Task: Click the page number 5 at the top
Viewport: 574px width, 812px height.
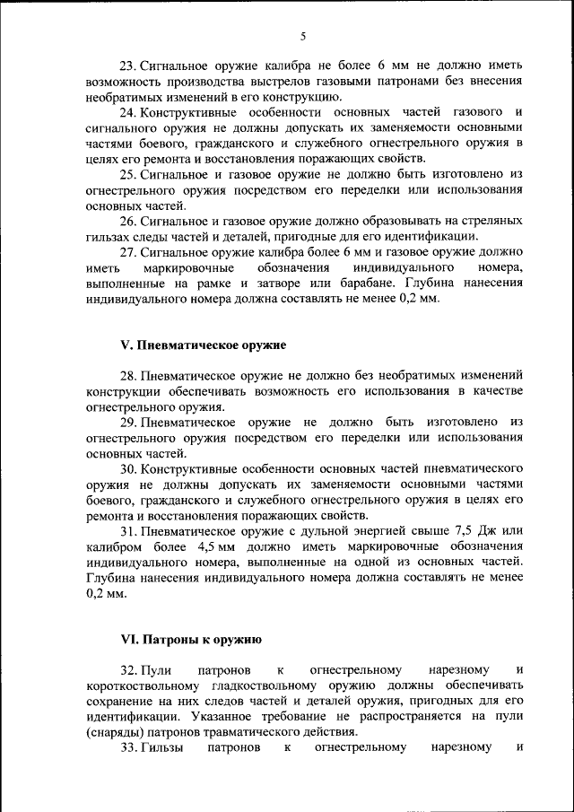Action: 303,36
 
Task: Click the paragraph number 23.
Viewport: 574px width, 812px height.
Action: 127,66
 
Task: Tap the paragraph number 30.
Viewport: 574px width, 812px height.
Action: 127,469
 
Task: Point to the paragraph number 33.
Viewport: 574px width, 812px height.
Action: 127,747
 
